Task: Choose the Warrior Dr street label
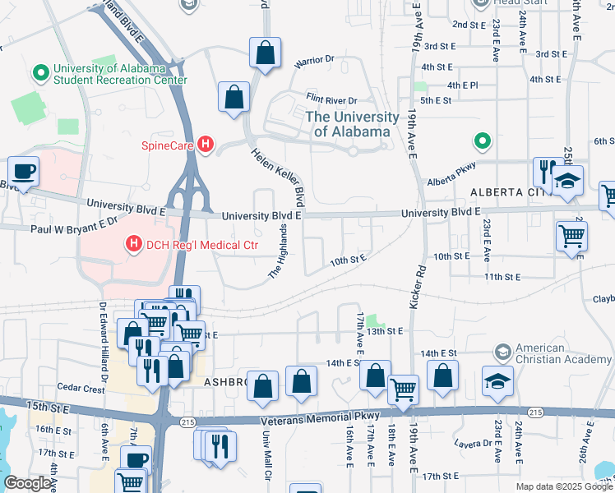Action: click(x=315, y=60)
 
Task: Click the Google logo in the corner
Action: click(x=28, y=483)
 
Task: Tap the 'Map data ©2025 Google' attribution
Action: click(x=563, y=486)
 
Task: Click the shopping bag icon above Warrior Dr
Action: click(x=265, y=53)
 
